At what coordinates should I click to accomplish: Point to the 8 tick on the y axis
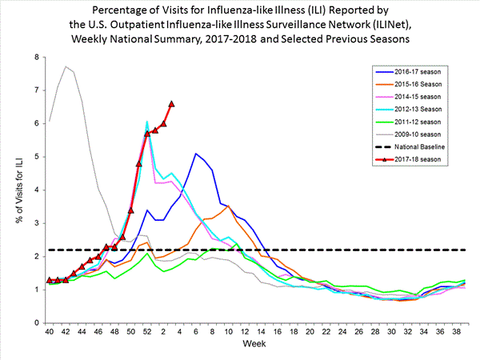tap(35, 58)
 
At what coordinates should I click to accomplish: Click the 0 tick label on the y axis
tap(35, 322)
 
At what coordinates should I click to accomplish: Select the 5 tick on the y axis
tap(35, 157)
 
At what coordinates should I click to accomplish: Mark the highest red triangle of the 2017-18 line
tap(172, 104)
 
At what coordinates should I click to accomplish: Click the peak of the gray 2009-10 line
tap(66, 66)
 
